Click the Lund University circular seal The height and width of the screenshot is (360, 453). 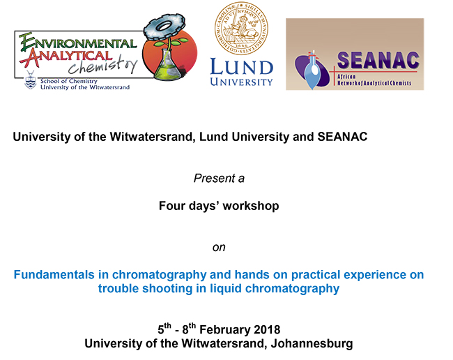point(241,29)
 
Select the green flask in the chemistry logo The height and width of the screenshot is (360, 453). point(167,64)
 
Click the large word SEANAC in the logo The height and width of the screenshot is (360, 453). point(378,61)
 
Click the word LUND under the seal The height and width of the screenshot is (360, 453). point(242,67)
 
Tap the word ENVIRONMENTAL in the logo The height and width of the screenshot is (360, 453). point(78,43)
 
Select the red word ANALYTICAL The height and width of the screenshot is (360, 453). point(66,57)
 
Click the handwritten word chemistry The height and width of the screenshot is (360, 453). point(103,66)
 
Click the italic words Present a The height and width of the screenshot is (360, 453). point(219,178)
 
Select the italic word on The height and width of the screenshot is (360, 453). point(219,248)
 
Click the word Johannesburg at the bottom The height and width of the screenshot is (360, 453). point(312,343)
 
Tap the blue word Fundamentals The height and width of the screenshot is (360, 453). point(54,274)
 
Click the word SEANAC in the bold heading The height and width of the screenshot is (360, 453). point(342,137)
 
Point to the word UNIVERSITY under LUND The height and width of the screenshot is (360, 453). point(242,82)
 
